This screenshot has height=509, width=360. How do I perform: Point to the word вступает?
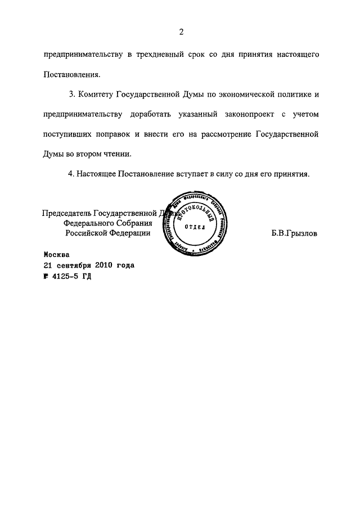tap(188, 174)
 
